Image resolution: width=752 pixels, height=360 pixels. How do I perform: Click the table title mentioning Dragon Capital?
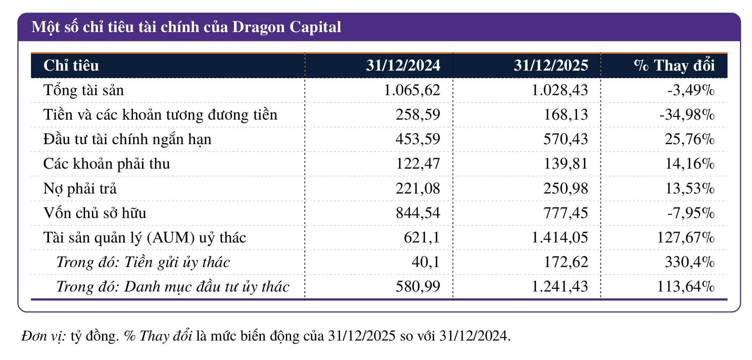(186, 27)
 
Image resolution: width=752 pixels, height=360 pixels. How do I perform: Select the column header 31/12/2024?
(403, 65)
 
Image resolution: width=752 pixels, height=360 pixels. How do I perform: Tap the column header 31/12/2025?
(551, 65)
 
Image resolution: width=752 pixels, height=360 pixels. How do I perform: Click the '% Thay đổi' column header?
(674, 65)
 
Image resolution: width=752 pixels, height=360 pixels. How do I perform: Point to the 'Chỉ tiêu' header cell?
(71, 65)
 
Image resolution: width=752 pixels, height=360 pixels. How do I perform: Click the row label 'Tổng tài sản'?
(83, 90)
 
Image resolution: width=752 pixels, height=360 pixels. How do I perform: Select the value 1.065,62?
(412, 90)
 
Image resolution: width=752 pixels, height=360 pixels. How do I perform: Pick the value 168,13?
(566, 115)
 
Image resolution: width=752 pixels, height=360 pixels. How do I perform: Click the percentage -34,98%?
(687, 115)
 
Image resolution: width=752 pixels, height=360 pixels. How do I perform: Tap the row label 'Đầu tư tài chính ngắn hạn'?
(127, 139)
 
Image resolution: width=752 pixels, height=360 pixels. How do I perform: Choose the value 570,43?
(566, 139)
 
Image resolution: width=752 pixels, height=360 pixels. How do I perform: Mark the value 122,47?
(418, 164)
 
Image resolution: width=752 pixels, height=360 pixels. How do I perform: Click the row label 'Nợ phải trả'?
(80, 188)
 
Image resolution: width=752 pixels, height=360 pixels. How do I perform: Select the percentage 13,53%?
(690, 188)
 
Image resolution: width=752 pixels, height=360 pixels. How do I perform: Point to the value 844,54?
(418, 213)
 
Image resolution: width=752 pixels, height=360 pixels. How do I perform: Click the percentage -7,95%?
(691, 213)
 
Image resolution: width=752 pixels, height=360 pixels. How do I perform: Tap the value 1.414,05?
(559, 238)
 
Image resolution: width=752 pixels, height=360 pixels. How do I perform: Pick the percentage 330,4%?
(690, 262)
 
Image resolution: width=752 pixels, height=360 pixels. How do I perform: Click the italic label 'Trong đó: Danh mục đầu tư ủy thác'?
(173, 287)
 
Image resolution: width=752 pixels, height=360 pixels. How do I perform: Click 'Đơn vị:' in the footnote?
(43, 336)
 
